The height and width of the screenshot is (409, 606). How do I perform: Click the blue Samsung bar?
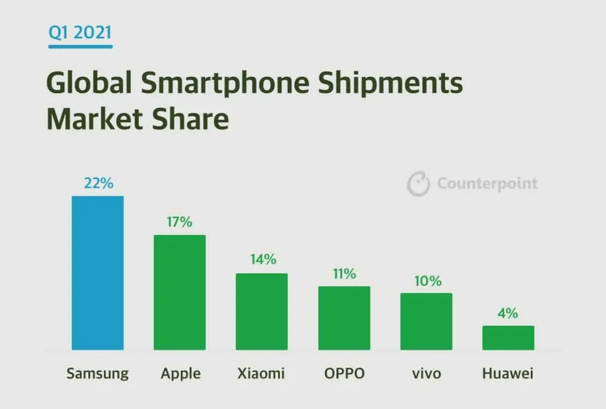click(98, 273)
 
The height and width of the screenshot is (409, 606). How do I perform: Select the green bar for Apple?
click(179, 292)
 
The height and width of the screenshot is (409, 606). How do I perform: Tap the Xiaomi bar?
click(261, 311)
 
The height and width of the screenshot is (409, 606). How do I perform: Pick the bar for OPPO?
click(344, 318)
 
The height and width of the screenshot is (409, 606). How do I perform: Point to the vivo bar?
click(426, 321)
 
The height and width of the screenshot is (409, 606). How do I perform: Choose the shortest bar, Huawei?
click(508, 338)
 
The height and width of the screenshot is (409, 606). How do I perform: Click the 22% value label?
click(98, 183)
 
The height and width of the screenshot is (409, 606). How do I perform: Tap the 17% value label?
click(179, 222)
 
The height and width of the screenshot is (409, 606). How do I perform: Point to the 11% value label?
click(344, 274)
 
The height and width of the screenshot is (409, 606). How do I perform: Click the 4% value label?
click(508, 313)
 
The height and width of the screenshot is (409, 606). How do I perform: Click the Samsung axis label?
click(98, 373)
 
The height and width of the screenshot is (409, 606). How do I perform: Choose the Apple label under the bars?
click(179, 373)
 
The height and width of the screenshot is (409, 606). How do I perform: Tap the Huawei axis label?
click(508, 373)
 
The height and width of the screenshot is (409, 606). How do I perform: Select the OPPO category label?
click(344, 373)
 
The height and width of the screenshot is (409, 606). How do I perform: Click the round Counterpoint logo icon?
click(418, 184)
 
